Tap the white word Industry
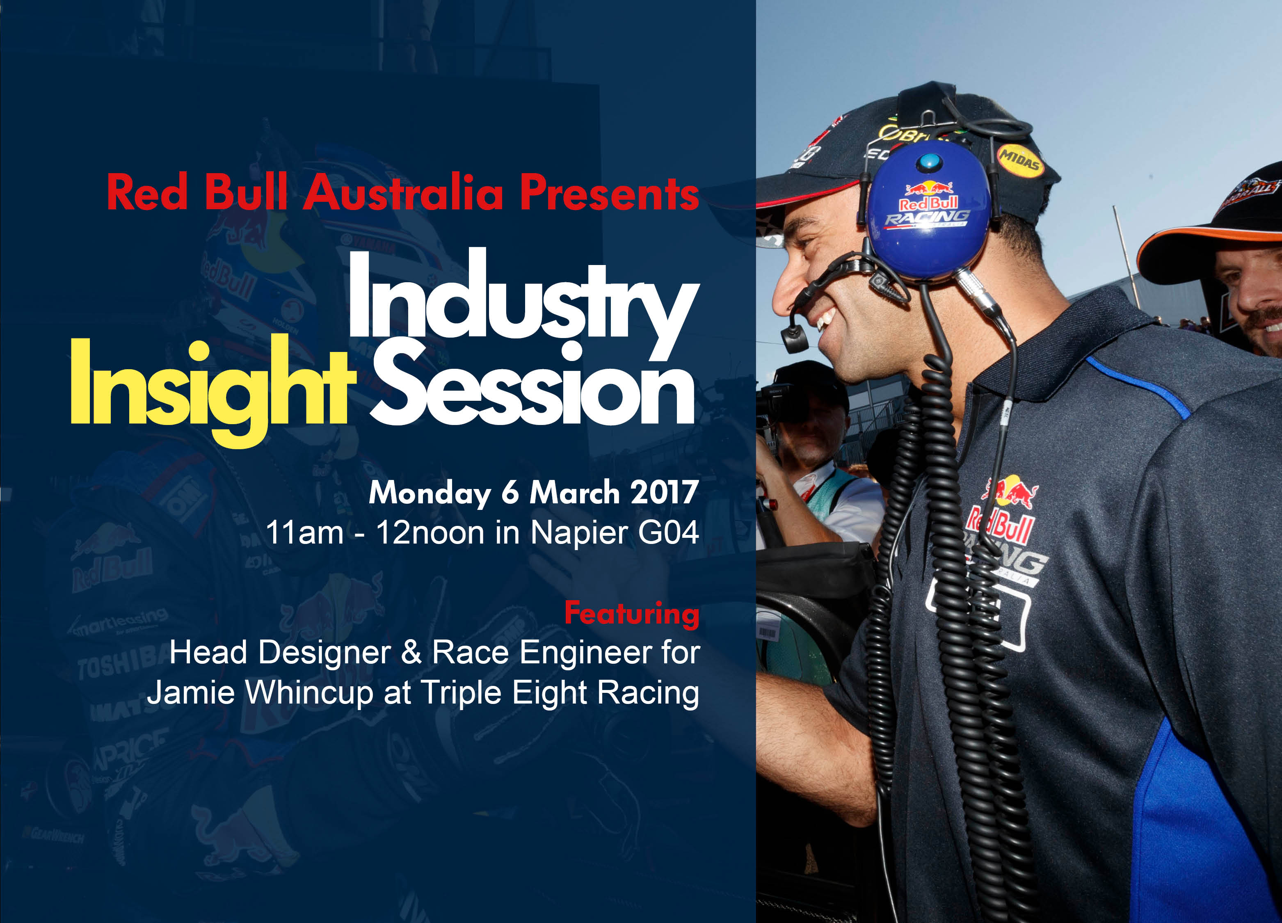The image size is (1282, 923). [523, 297]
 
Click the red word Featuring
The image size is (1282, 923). [631, 614]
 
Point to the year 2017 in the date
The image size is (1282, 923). [664, 492]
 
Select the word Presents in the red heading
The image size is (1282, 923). [609, 193]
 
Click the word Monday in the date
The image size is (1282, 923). [430, 493]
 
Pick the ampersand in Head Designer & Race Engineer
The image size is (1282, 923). [411, 652]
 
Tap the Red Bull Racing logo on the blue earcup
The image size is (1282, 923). [928, 206]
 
